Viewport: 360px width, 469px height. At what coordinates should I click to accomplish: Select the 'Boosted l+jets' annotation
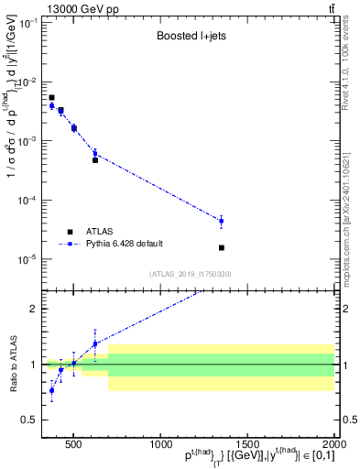191,38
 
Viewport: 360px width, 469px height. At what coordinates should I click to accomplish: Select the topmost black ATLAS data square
51,97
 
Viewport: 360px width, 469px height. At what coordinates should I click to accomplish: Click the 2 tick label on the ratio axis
35,309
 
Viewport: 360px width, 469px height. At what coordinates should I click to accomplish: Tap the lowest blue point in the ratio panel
51,390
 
